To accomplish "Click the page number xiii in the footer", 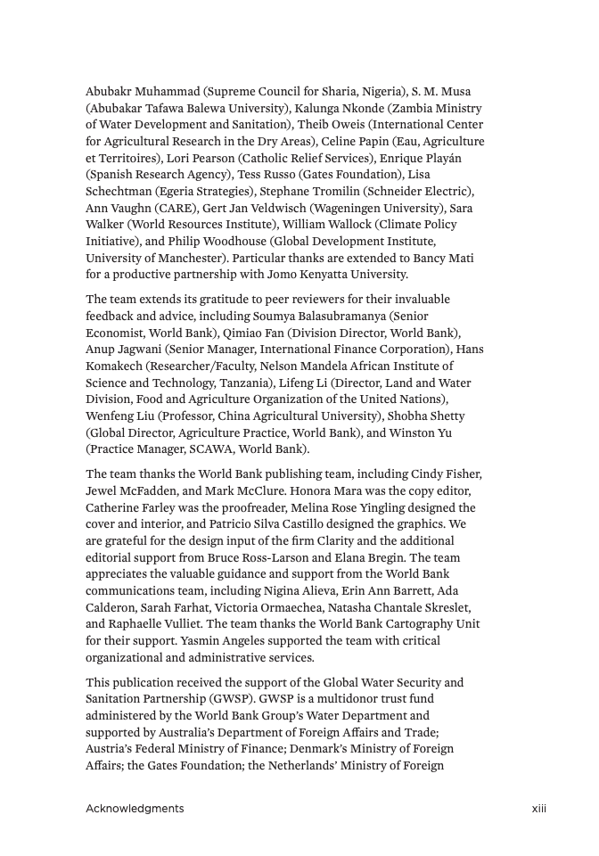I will click(x=538, y=809).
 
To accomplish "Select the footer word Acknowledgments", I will click(x=135, y=809).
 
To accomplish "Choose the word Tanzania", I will click(x=251, y=383).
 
